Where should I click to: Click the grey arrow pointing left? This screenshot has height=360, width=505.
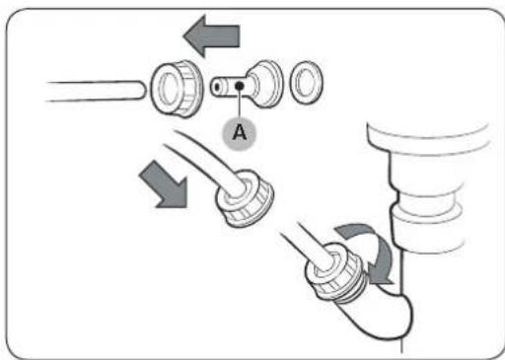point(212,36)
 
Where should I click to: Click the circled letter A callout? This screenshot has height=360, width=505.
point(239,133)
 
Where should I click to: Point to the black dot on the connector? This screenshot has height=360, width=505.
point(240,86)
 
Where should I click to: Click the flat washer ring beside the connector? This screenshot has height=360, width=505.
point(306,82)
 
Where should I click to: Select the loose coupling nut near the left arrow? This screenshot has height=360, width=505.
point(177,88)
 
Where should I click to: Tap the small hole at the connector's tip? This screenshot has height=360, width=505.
point(217,88)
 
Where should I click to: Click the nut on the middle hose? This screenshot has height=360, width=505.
point(245,198)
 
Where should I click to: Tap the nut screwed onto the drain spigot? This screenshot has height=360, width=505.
point(334,271)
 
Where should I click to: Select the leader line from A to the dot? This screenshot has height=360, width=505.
point(240,104)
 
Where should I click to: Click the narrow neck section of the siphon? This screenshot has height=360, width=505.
point(426,196)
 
